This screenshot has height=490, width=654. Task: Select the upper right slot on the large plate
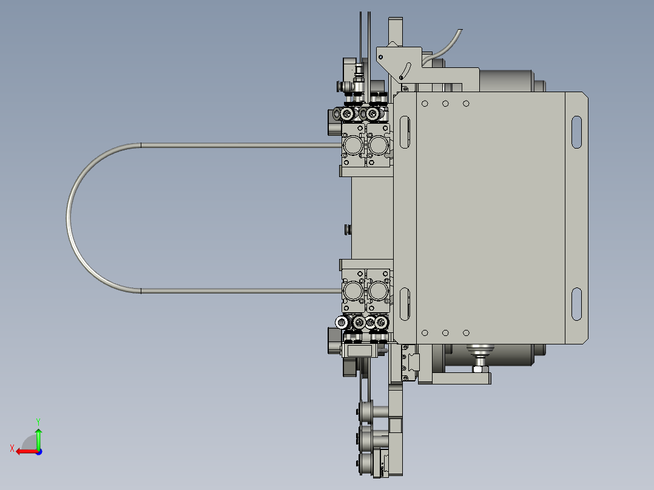576,132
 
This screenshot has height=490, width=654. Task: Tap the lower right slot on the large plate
576,304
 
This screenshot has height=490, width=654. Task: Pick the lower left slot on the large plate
405,304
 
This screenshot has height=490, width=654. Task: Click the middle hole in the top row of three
445,104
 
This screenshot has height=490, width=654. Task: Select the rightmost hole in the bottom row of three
466,332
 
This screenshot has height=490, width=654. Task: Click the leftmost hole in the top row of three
425,104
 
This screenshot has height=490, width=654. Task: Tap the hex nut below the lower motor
479,369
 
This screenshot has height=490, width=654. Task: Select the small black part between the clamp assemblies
348,229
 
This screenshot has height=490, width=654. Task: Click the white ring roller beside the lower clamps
342,323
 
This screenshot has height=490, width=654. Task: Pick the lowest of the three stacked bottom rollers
366,465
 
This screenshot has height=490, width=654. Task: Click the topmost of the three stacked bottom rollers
366,411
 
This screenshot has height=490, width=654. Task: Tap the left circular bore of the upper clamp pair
354,144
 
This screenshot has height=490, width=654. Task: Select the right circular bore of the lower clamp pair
379,292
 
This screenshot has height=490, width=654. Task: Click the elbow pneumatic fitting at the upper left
348,87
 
